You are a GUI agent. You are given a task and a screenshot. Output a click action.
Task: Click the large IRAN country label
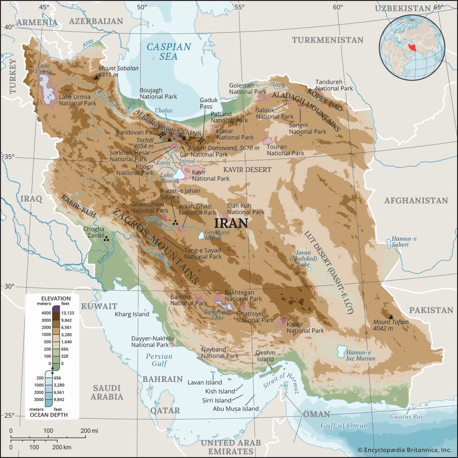click(231, 223)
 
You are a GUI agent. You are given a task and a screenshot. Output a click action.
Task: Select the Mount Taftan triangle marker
click(391, 317)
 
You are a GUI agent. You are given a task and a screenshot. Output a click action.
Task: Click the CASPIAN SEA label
click(170, 52)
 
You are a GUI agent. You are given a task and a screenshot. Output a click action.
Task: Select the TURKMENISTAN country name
click(327, 40)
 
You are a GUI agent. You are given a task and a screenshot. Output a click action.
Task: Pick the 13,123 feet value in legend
click(70, 313)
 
